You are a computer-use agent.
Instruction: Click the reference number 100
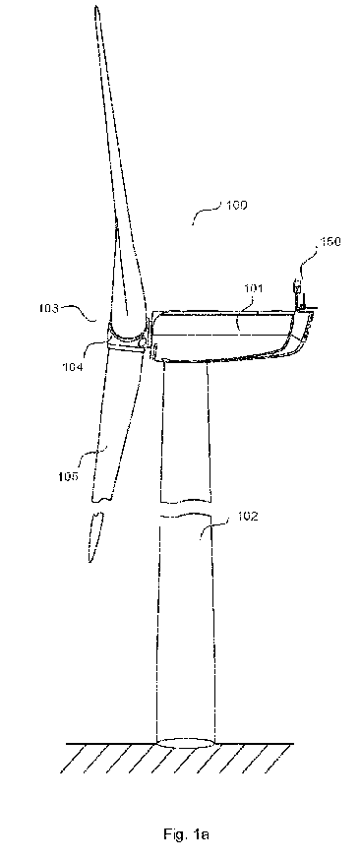tap(237, 206)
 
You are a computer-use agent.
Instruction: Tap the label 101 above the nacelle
tap(254, 288)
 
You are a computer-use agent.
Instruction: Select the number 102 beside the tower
tap(248, 517)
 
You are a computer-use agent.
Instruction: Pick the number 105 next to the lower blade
tap(69, 475)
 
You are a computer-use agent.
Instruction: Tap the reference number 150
tap(330, 241)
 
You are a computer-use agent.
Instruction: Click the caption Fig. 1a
tap(186, 834)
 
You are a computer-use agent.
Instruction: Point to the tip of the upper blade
tap(96, 7)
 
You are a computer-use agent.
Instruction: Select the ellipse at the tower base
tap(186, 743)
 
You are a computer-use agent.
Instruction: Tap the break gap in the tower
tap(185, 508)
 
